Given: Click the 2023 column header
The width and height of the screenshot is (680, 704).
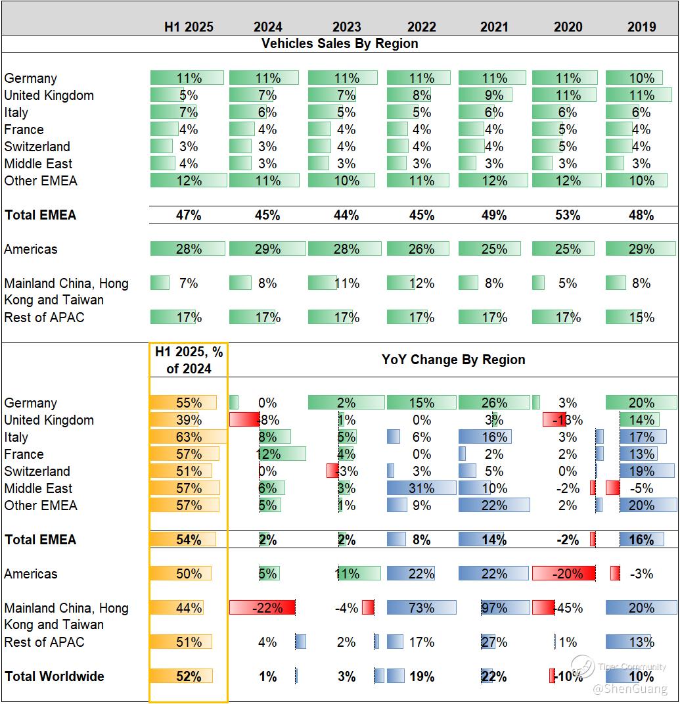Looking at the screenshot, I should [346, 27].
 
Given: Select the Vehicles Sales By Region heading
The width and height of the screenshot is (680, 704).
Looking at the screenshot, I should [340, 44].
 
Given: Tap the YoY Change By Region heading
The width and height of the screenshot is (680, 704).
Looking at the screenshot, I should [453, 360].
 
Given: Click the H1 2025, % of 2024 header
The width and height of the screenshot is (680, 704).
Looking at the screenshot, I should [189, 360].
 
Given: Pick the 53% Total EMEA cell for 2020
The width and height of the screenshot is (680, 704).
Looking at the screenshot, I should [568, 215].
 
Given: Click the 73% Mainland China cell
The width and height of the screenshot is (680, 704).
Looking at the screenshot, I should [421, 608].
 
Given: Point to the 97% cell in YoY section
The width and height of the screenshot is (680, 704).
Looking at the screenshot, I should [493, 608].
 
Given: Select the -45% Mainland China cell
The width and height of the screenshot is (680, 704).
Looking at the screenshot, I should [568, 608].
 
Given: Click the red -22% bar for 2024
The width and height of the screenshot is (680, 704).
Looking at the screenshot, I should [262, 608].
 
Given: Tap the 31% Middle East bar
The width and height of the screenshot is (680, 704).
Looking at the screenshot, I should [421, 488].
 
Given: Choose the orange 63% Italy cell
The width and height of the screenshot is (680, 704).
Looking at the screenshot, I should [189, 437].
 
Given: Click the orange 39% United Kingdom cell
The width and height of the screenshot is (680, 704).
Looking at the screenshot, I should [189, 420].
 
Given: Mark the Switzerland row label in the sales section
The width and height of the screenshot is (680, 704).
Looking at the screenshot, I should [37, 147].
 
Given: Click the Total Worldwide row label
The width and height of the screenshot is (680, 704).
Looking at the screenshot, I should [54, 676].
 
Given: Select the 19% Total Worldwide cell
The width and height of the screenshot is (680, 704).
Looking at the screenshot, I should [421, 676].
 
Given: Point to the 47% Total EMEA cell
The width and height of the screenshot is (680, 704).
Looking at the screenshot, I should [189, 215].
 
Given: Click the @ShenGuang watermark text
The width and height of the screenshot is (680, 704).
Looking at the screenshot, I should [629, 689].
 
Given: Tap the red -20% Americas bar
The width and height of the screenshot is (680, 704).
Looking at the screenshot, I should [564, 574].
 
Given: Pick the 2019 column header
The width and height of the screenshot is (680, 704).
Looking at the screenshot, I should [641, 27].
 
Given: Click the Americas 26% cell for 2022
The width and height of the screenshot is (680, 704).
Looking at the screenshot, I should [421, 249].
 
